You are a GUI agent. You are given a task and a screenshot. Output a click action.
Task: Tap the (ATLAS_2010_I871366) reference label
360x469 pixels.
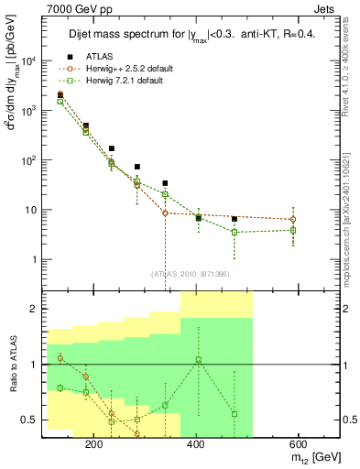point(191,274)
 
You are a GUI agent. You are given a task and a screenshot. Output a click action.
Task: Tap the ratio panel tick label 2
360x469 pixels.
point(35,309)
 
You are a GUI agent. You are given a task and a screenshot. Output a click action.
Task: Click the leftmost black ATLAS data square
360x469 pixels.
point(60,94)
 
